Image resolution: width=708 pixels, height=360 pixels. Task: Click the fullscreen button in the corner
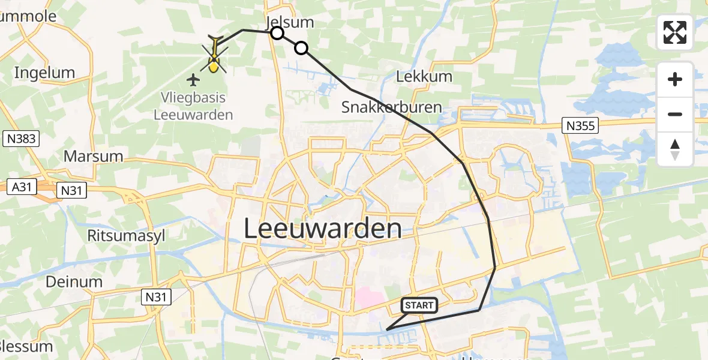[x=675, y=32]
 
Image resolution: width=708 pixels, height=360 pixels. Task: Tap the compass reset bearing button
[x=675, y=149]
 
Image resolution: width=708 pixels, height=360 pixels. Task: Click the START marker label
[x=419, y=305]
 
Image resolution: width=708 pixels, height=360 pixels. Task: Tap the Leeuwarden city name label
[x=323, y=229]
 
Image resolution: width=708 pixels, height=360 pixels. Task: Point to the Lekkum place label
[x=416, y=77]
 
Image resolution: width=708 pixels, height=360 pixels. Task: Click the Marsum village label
[x=93, y=157]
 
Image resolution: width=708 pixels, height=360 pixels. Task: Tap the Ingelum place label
[x=44, y=73]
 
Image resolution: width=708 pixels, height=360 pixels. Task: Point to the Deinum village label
[x=75, y=281]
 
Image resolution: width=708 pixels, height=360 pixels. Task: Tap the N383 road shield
[x=20, y=139]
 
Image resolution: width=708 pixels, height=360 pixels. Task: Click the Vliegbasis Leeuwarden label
[x=193, y=105]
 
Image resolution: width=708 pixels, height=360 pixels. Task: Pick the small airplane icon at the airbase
[x=193, y=79]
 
